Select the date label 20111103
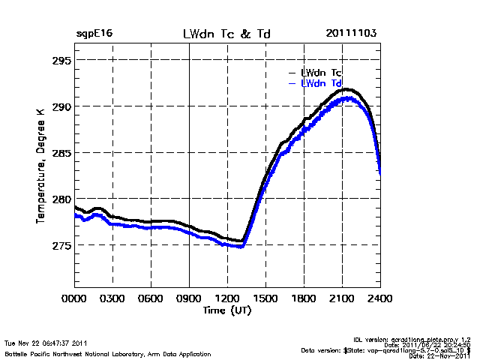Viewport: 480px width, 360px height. pyautogui.click(x=351, y=34)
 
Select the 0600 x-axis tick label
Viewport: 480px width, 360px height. pyautogui.click(x=151, y=298)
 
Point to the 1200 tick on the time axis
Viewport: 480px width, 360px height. pyautogui.click(x=227, y=298)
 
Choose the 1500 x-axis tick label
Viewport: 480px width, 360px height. pyautogui.click(x=265, y=298)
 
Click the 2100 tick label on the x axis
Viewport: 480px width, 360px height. pyautogui.click(x=342, y=298)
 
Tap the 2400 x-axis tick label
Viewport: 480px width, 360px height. pyautogui.click(x=380, y=298)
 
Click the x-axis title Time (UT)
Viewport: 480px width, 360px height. pyautogui.click(x=227, y=310)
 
